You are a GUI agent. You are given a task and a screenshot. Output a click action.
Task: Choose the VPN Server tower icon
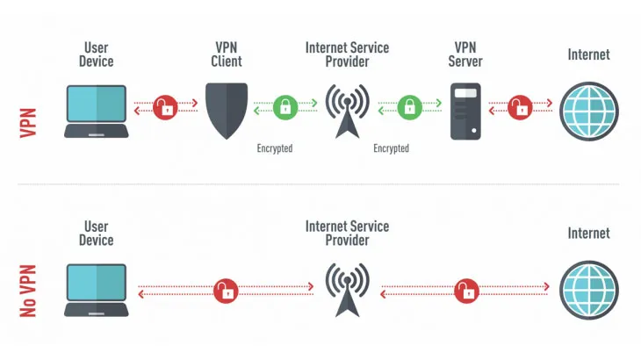(x=465, y=111)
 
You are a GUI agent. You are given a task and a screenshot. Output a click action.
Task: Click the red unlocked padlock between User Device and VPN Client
(x=164, y=108)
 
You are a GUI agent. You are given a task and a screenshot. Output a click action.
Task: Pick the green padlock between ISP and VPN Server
(x=408, y=108)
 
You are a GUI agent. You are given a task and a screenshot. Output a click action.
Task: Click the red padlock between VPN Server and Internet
(x=521, y=108)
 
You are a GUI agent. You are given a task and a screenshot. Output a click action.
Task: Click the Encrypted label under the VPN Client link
(x=274, y=148)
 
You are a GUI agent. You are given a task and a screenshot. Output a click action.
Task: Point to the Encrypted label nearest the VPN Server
(x=391, y=148)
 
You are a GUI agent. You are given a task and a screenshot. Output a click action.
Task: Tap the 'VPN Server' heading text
(x=465, y=54)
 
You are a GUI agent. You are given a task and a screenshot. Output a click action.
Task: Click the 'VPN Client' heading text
(x=226, y=54)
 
